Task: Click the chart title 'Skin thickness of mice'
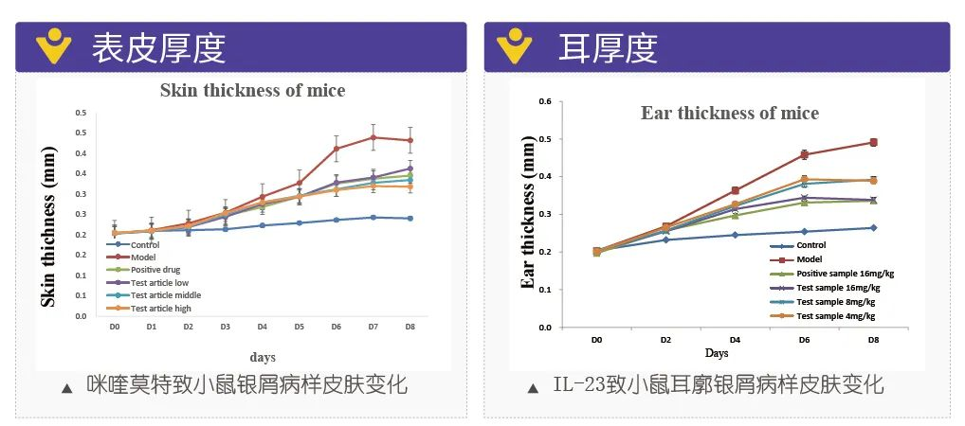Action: pyautogui.click(x=252, y=91)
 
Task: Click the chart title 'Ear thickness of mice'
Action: pyautogui.click(x=730, y=113)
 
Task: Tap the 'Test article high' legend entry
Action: pyautogui.click(x=160, y=308)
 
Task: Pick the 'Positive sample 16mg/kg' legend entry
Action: pyautogui.click(x=845, y=273)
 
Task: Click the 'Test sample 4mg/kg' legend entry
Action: pyautogui.click(x=835, y=315)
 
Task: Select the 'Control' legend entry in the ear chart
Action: pyautogui.click(x=810, y=245)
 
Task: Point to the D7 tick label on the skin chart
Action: pyautogui.click(x=373, y=327)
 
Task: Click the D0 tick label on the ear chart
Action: pyautogui.click(x=596, y=338)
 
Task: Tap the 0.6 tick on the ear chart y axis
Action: pyautogui.click(x=544, y=100)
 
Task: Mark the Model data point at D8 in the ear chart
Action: pyautogui.click(x=873, y=142)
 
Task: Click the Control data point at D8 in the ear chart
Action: pyautogui.click(x=873, y=227)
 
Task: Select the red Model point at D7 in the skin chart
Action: pyautogui.click(x=373, y=137)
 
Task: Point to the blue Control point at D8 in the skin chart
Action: pyautogui.click(x=410, y=219)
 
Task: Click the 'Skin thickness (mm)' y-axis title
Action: pyautogui.click(x=46, y=225)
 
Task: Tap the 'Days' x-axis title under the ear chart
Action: pyautogui.click(x=716, y=353)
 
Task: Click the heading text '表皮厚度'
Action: pyautogui.click(x=158, y=48)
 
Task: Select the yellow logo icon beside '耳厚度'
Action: pyautogui.click(x=515, y=45)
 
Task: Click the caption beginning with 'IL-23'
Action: pyautogui.click(x=718, y=384)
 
